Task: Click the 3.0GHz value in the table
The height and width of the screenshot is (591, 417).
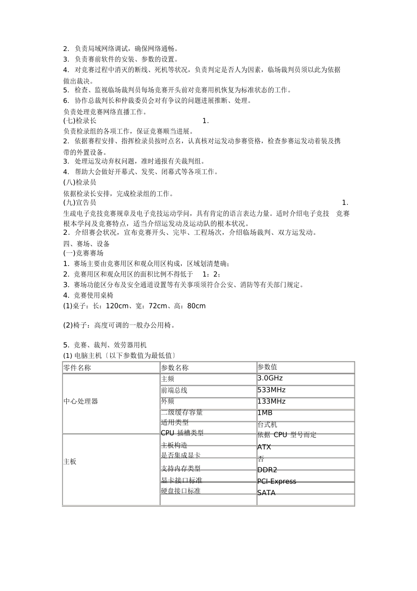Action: click(270, 378)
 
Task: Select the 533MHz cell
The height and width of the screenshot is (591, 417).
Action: click(271, 390)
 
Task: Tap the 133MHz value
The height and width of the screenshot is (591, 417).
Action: click(271, 401)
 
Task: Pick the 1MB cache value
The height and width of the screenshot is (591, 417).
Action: click(265, 413)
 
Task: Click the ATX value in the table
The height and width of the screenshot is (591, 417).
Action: click(264, 447)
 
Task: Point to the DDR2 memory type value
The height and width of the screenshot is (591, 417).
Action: click(267, 470)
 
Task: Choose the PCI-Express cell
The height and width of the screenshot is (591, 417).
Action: click(277, 482)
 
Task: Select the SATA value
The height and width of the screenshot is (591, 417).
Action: click(266, 493)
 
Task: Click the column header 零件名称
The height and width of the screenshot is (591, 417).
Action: click(77, 368)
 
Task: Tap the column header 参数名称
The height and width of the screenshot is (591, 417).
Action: click(175, 368)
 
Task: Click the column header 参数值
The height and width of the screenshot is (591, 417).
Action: click(267, 367)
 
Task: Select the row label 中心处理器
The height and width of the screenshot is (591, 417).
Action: click(81, 401)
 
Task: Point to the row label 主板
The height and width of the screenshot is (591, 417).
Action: click(70, 462)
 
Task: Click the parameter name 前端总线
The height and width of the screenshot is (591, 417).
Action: click(174, 390)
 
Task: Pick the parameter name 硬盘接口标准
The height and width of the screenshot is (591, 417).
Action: click(181, 491)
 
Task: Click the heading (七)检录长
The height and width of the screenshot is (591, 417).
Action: click(80, 121)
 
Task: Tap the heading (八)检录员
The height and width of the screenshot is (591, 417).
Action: click(80, 182)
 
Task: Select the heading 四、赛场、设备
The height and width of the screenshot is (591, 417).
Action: click(86, 244)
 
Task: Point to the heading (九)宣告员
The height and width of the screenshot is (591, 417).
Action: click(80, 203)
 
